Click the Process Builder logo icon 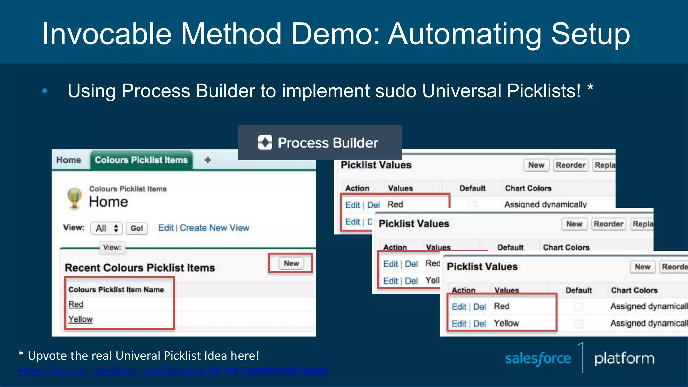265,143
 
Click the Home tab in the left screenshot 69,160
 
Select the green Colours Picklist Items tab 141,160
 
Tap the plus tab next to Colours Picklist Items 208,160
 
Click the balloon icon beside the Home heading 74,198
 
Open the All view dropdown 106,228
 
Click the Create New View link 214,228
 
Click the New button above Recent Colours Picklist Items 291,263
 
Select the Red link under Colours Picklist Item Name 76,304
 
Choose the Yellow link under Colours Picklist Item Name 80,319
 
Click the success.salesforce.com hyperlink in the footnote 173,371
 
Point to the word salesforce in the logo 538,359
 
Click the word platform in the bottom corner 624,358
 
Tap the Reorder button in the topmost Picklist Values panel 570,165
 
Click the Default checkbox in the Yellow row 578,323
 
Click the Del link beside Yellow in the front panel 480,324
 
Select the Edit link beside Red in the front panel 459,307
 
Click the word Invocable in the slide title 107,34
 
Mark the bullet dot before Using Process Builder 45,91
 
